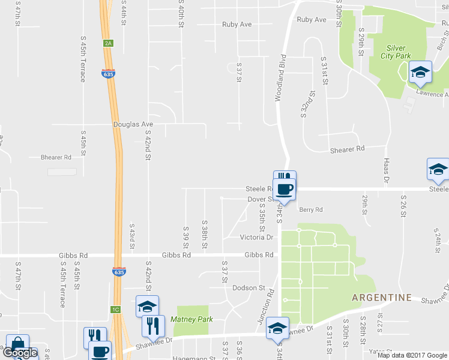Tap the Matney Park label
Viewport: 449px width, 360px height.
pyautogui.click(x=191, y=319)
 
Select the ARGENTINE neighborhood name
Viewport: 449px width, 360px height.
pyautogui.click(x=381, y=298)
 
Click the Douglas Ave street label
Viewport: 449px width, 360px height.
pyautogui.click(x=133, y=124)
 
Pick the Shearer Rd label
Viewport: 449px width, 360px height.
pyautogui.click(x=348, y=148)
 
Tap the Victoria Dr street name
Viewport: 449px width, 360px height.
pyautogui.click(x=256, y=238)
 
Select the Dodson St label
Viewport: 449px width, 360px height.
pyautogui.click(x=249, y=288)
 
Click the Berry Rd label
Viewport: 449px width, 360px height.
pyautogui.click(x=311, y=210)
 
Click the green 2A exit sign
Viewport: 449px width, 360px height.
pyautogui.click(x=108, y=43)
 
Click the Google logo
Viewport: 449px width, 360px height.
pyautogui.click(x=20, y=353)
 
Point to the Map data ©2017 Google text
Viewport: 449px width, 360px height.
pyautogui.click(x=411, y=355)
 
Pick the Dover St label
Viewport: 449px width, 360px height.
pyautogui.click(x=260, y=199)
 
